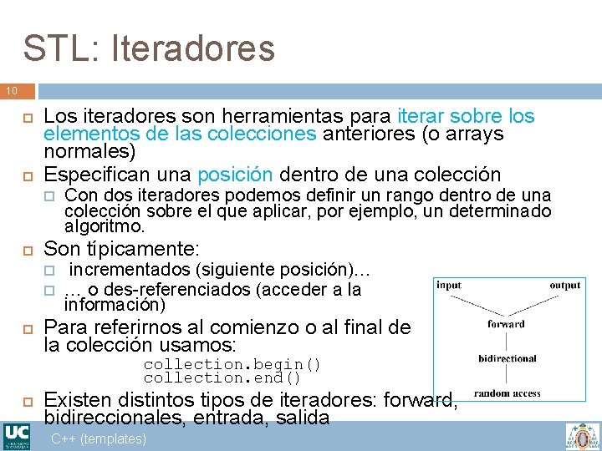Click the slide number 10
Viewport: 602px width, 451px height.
click(x=12, y=90)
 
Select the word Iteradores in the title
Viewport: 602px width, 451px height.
click(x=186, y=48)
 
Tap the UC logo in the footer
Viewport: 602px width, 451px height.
click(x=17, y=436)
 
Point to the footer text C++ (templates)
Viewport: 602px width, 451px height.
click(x=99, y=438)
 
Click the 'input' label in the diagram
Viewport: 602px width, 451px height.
click(x=448, y=286)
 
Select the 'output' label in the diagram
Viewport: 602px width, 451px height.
click(x=565, y=286)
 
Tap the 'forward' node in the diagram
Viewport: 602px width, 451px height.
click(x=506, y=324)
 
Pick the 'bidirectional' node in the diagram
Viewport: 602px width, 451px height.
click(x=507, y=358)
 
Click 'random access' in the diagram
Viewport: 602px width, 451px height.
click(x=507, y=393)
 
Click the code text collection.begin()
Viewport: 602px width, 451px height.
click(x=232, y=364)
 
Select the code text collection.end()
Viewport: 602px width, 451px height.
click(x=222, y=378)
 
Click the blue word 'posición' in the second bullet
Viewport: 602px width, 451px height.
click(x=235, y=175)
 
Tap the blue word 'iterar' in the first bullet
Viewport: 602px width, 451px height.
click(x=423, y=116)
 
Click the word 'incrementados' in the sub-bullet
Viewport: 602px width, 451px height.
click(x=130, y=270)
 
